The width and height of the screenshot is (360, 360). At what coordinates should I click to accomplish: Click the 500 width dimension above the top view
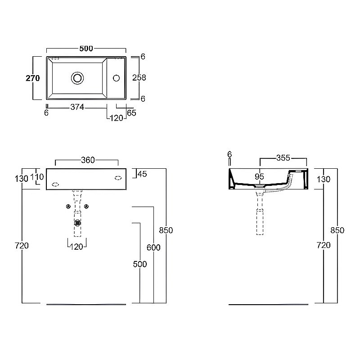click(86, 49)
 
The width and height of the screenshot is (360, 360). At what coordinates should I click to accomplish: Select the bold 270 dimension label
click(32, 78)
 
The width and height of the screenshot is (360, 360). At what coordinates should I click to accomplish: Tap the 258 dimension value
click(139, 77)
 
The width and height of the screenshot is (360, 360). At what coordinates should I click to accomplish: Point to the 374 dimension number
click(77, 107)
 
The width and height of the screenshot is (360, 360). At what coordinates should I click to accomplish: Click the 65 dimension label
click(131, 113)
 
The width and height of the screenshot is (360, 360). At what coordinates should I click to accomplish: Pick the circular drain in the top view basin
click(77, 78)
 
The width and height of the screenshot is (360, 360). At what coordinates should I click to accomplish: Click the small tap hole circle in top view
click(117, 78)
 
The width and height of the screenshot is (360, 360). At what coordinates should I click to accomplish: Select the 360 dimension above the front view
click(88, 160)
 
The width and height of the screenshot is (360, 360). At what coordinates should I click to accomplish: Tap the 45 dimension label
click(142, 174)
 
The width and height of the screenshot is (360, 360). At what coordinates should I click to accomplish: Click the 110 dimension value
click(37, 177)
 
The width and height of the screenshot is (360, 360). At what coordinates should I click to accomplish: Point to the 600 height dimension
click(153, 247)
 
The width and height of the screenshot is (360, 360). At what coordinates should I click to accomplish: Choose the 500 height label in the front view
click(140, 264)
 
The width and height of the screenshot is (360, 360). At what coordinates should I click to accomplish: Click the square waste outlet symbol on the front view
click(77, 223)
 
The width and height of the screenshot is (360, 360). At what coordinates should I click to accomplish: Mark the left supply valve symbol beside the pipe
click(68, 207)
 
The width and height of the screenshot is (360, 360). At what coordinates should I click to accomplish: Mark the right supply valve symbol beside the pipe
click(86, 207)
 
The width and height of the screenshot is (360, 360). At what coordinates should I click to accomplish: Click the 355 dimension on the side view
click(283, 158)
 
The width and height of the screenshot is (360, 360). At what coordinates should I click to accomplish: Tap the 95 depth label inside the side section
click(259, 176)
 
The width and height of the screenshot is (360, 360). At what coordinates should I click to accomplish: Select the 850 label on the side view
click(337, 230)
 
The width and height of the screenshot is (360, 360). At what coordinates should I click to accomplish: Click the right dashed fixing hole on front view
click(118, 178)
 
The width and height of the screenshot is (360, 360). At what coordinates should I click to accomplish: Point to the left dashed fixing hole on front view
click(55, 184)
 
